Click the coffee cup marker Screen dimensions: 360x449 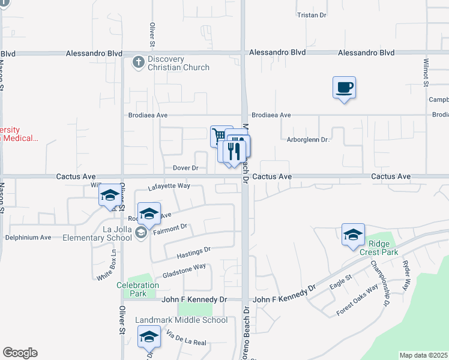point(344,88)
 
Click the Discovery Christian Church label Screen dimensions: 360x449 point(179,63)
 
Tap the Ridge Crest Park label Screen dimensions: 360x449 point(383,248)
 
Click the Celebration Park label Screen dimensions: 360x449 point(139,289)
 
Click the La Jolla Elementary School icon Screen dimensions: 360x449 point(141,233)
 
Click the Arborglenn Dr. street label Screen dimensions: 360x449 point(309,140)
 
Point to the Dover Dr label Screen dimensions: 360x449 point(185,168)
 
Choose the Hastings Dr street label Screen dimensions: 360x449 point(194,253)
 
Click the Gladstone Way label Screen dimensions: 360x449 point(184,271)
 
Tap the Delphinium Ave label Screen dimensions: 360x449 point(28,237)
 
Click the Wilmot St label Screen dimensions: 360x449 point(426,70)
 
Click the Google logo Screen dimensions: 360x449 point(20,353)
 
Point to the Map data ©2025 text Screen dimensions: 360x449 point(424,355)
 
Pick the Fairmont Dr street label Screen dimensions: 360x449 point(171,229)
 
